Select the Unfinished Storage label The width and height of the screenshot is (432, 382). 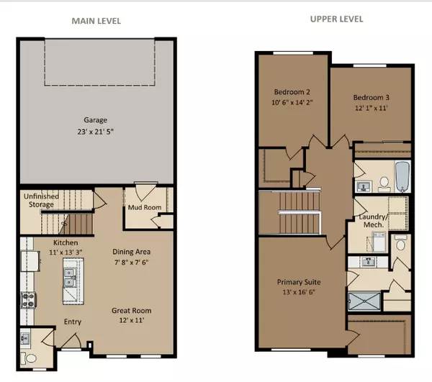[37, 201]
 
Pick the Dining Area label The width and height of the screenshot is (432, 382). [130, 253]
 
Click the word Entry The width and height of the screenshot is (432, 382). [73, 322]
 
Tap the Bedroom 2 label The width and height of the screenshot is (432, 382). [291, 92]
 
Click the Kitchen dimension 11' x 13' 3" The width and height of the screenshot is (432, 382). [63, 253]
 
